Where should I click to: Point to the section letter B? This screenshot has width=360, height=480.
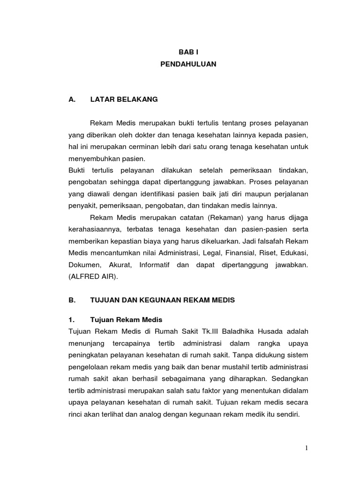click(71, 300)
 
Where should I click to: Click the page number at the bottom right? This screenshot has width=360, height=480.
click(307, 448)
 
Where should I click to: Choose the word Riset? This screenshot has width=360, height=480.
click(263, 253)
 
